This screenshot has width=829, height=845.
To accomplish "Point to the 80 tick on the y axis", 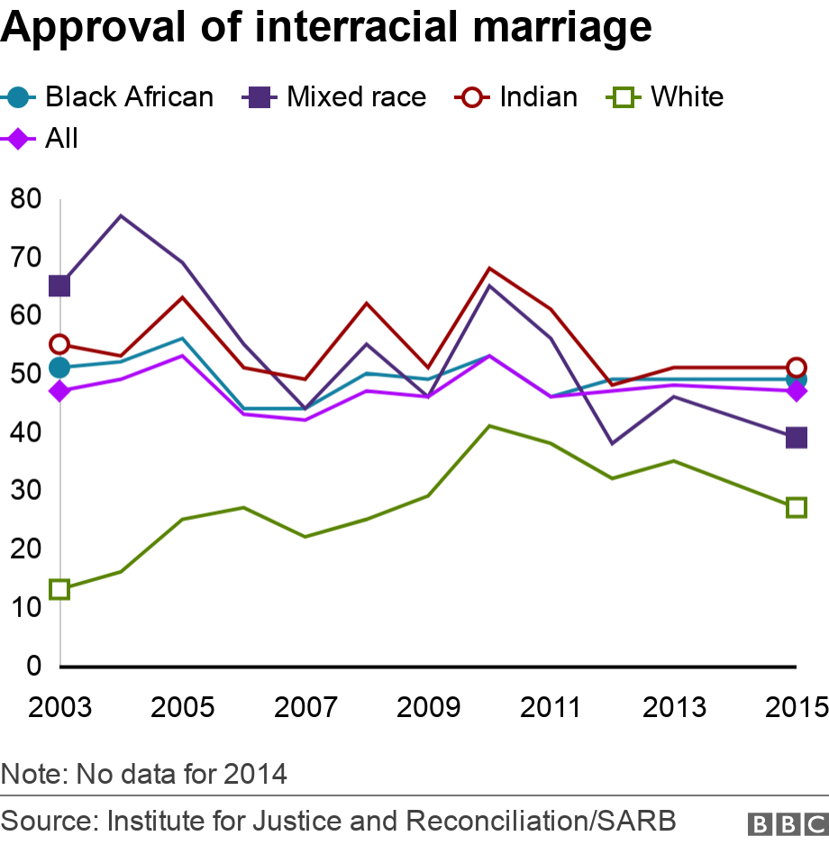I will coord(26,198).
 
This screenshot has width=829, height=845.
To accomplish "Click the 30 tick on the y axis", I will coord(26,490).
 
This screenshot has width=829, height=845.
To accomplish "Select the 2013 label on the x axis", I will coord(673,707).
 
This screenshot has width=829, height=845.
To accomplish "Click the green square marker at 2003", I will coord(59,589).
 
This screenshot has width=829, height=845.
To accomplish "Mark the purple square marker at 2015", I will coord(796,438).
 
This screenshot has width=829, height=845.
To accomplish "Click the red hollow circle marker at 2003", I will coord(59,344).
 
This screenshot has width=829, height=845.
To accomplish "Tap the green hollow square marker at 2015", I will coord(796,508).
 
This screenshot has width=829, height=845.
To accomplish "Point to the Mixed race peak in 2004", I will coord(121,215).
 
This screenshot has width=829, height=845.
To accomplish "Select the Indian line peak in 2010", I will coord(489,268).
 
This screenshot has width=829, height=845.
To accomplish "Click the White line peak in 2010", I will coord(489,425).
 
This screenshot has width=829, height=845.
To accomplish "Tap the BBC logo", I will coord(786,823).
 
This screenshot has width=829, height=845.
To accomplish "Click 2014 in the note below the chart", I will coord(255,773).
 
